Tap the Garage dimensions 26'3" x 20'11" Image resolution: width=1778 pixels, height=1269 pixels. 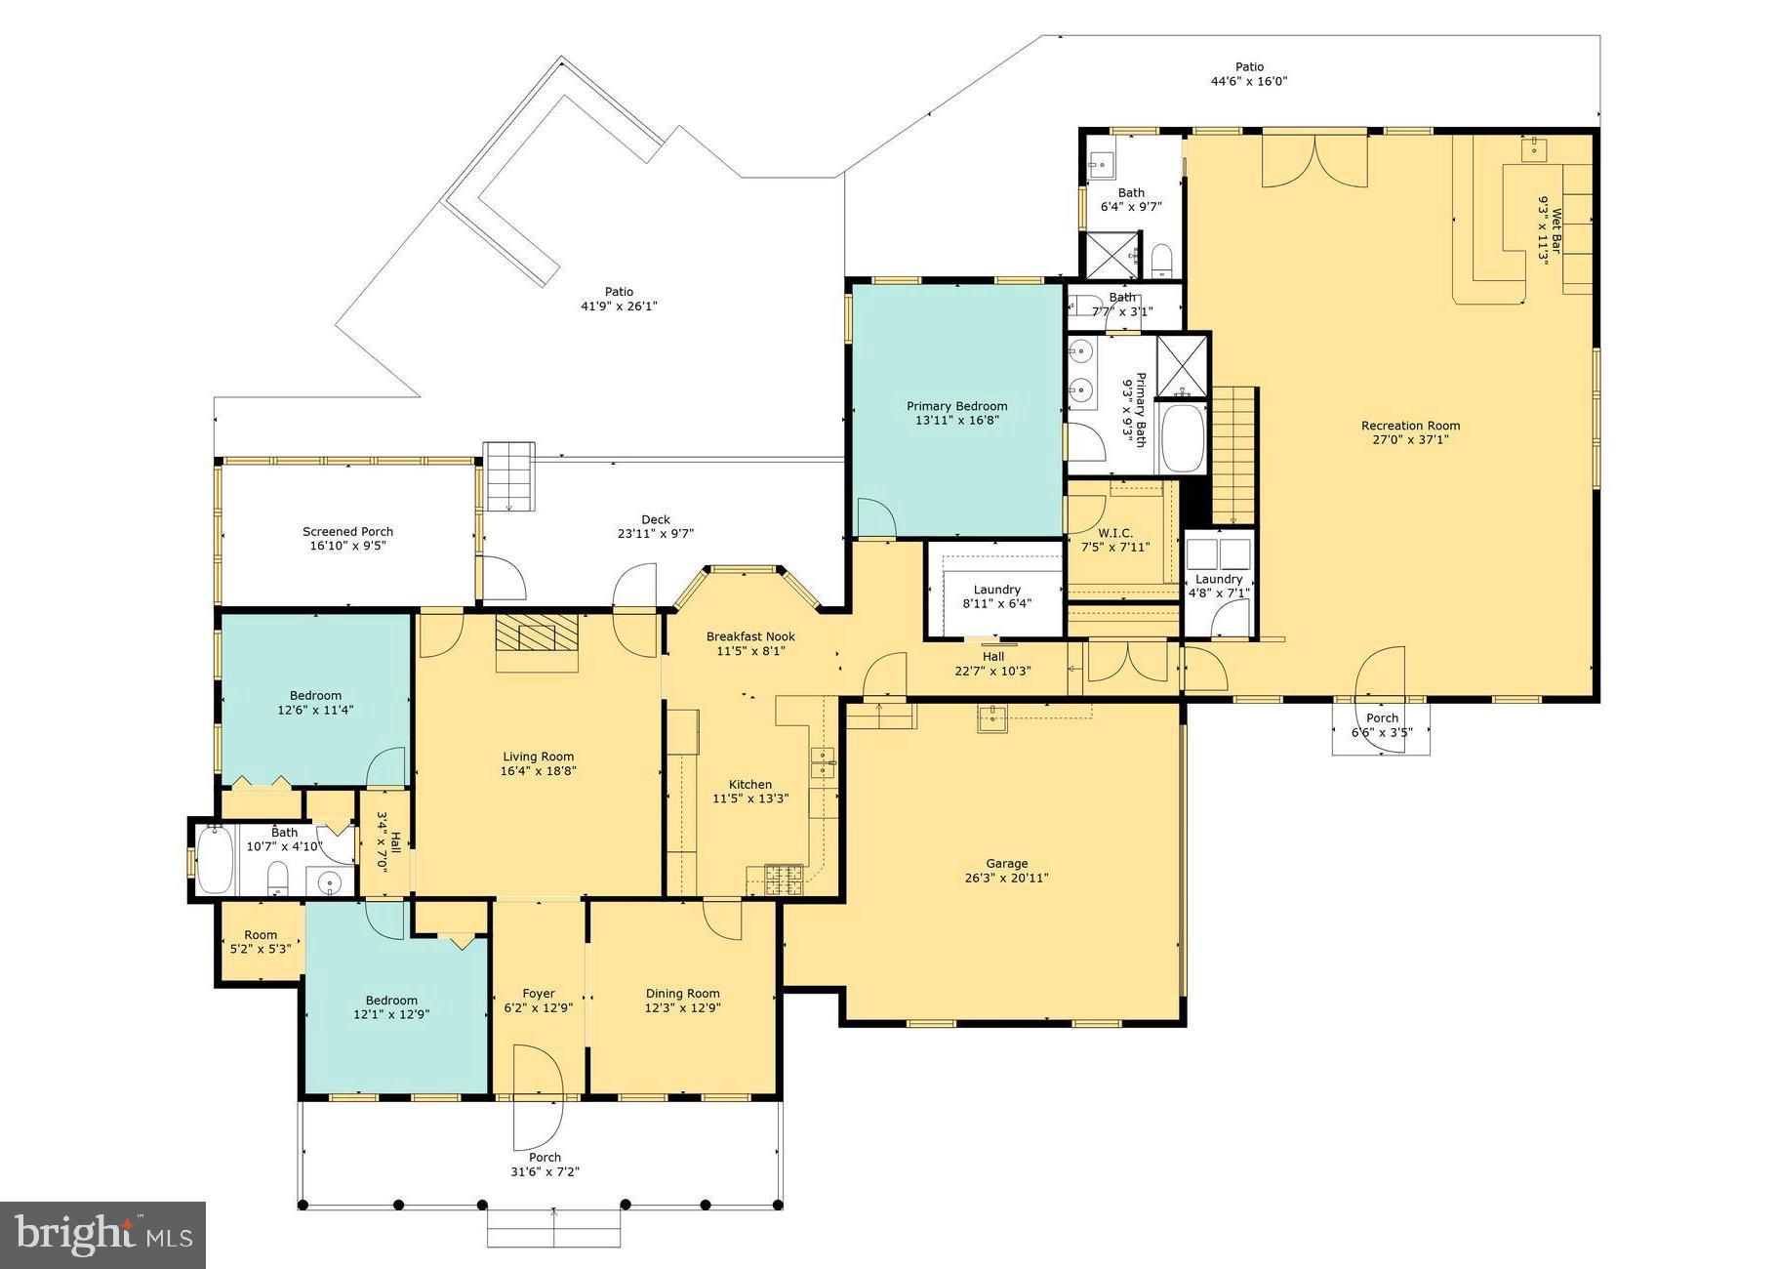click(x=1006, y=878)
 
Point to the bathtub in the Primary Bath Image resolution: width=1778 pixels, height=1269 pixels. click(x=1184, y=438)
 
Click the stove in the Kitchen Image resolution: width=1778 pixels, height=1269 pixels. click(x=783, y=880)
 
